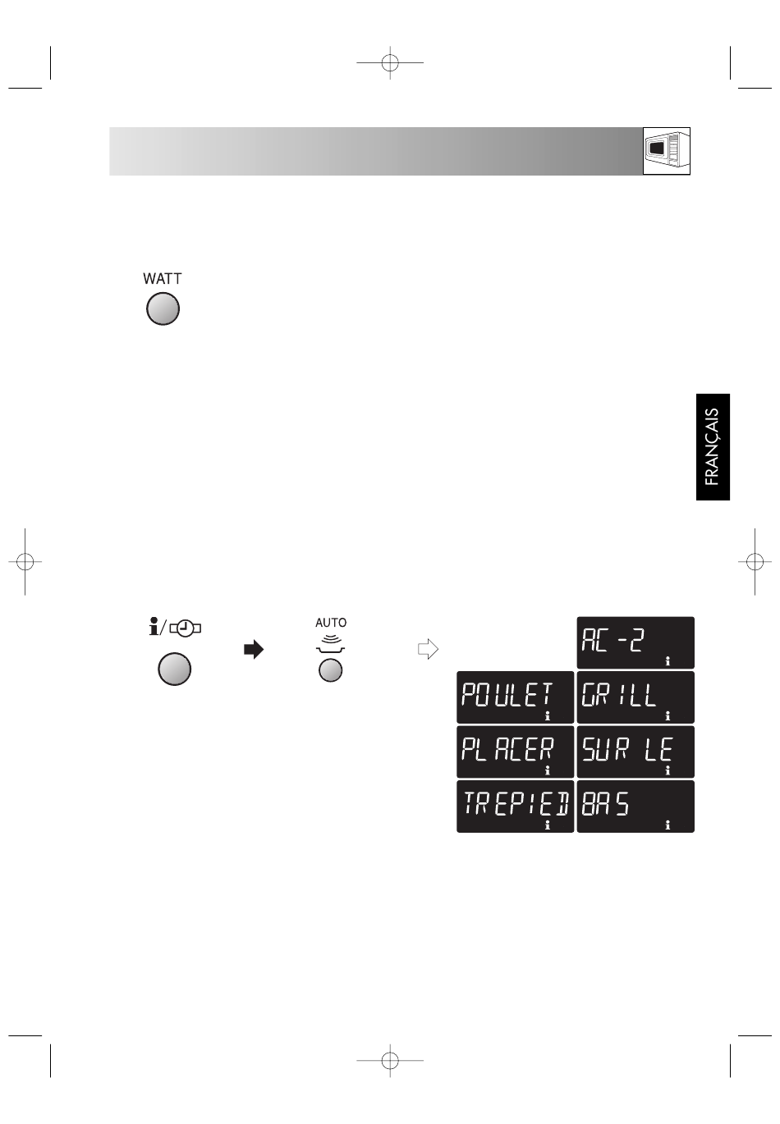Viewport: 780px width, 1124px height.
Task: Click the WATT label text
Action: pyautogui.click(x=163, y=278)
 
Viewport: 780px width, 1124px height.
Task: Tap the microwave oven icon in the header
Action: pyautogui.click(x=667, y=151)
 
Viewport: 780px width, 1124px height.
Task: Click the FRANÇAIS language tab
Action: pyautogui.click(x=713, y=447)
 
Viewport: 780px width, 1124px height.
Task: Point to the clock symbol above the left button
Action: pyautogui.click(x=186, y=628)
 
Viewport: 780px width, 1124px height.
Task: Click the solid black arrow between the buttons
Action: pyautogui.click(x=254, y=649)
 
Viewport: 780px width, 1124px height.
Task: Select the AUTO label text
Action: pyautogui.click(x=331, y=623)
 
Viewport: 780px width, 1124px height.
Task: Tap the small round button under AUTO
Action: pyautogui.click(x=331, y=670)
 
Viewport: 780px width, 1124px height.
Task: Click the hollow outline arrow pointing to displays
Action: pyautogui.click(x=429, y=649)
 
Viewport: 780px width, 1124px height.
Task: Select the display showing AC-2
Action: pyautogui.click(x=635, y=642)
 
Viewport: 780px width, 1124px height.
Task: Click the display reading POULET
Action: pyautogui.click(x=515, y=697)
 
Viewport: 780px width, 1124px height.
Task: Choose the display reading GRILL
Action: pyautogui.click(x=635, y=697)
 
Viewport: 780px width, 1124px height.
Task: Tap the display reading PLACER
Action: pyautogui.click(x=515, y=752)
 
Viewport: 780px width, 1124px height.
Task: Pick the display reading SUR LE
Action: pyautogui.click(x=635, y=752)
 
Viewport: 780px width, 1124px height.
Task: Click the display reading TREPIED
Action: pyautogui.click(x=515, y=806)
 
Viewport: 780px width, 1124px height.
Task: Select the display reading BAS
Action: pyautogui.click(x=635, y=806)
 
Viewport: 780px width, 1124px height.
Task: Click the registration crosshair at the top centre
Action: pyautogui.click(x=390, y=62)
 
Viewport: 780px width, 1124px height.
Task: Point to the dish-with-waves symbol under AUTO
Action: pyautogui.click(x=331, y=644)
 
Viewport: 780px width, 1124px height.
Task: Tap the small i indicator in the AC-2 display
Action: pyautogui.click(x=668, y=661)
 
